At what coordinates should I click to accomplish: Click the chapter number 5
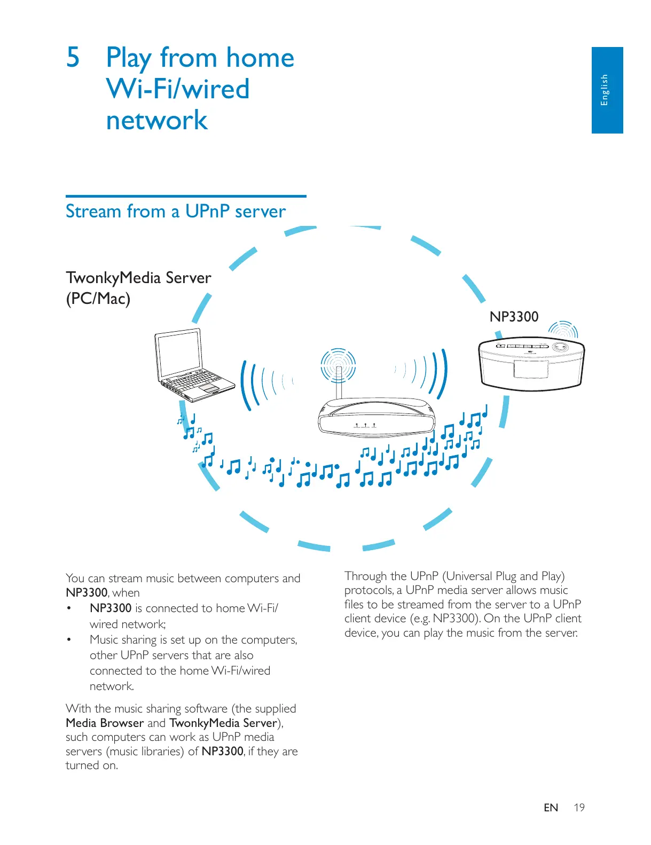coord(73,57)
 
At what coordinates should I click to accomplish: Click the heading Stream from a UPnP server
coord(175,212)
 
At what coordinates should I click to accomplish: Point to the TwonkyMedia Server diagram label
coord(138,278)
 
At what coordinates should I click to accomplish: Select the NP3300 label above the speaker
coord(514,317)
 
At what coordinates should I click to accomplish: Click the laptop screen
coord(178,355)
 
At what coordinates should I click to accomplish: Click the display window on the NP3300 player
coord(531,369)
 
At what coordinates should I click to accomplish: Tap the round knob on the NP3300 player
coord(560,346)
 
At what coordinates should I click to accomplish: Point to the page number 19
coord(579,808)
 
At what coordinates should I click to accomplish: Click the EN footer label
coord(551,808)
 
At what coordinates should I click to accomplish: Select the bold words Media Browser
coord(105,723)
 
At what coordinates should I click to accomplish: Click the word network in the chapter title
coord(156,120)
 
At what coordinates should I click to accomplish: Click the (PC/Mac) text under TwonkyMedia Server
coord(98,299)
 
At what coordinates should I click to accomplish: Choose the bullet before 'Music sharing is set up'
coord(68,640)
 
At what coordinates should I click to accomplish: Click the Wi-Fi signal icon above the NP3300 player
coord(564,330)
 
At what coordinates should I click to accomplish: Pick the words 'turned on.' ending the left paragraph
coord(92,765)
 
